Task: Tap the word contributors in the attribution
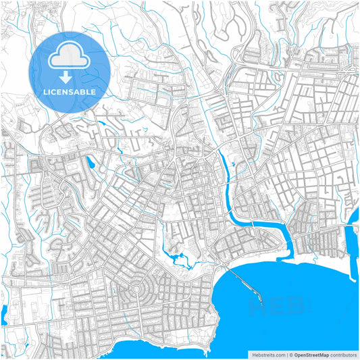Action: point(343,354)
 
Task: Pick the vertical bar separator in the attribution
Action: point(288,354)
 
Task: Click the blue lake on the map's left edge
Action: point(4,311)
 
